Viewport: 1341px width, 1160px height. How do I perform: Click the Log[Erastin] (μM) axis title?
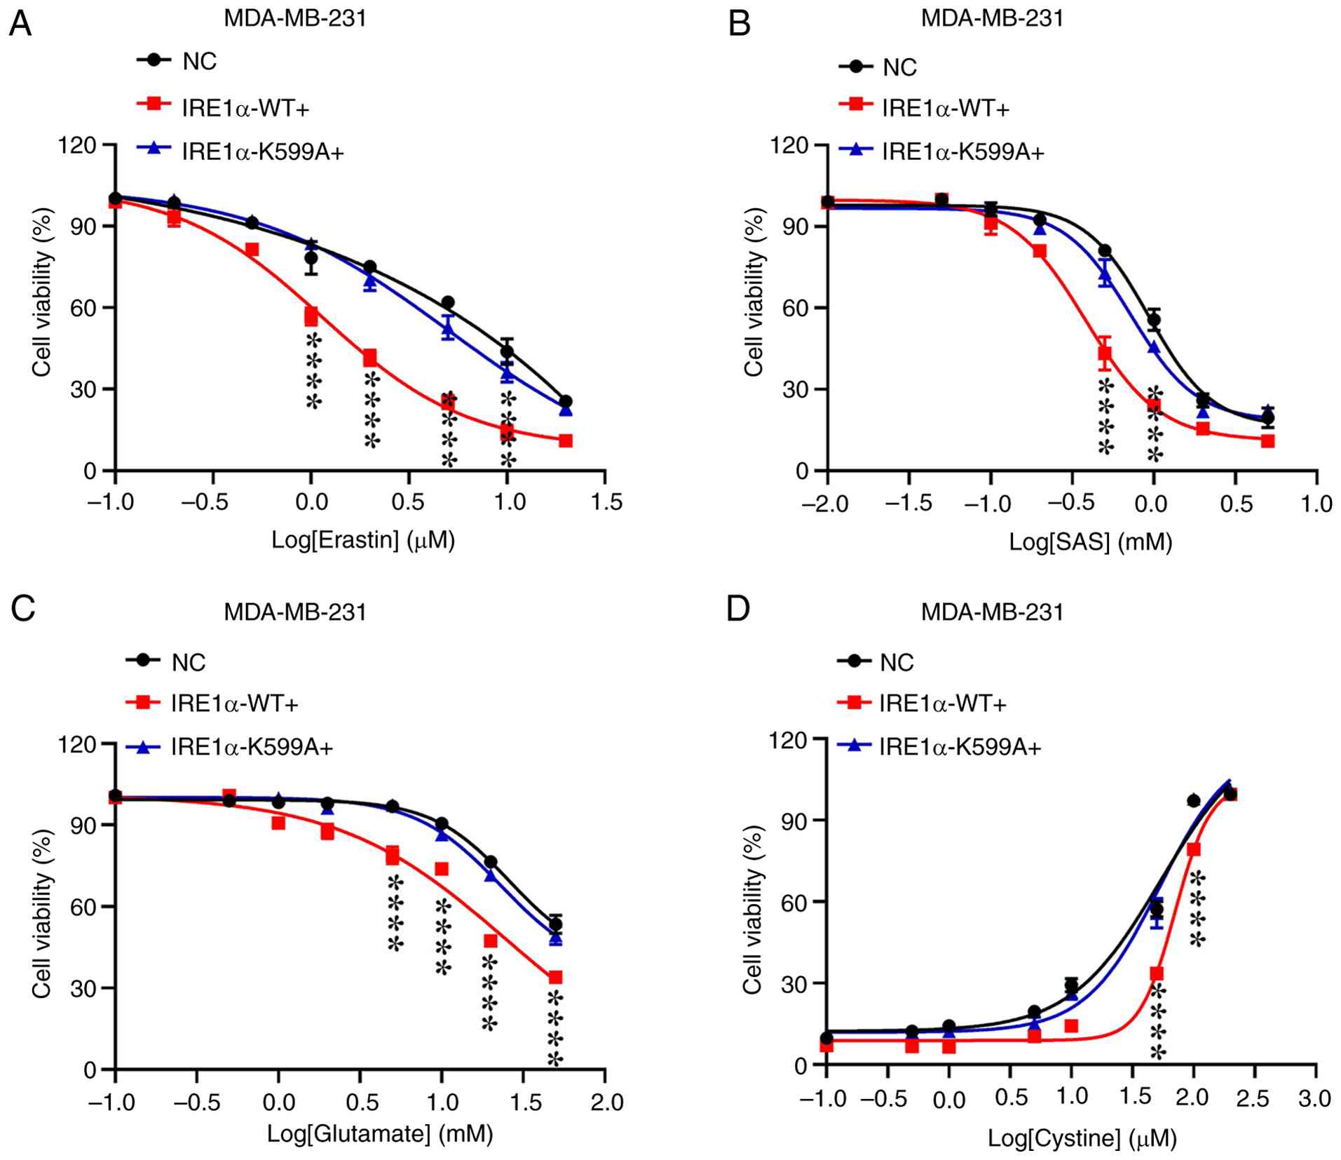[x=363, y=540]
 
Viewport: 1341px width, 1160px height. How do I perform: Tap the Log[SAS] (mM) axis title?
[x=1090, y=541]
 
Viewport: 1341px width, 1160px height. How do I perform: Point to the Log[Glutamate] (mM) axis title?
[x=379, y=1133]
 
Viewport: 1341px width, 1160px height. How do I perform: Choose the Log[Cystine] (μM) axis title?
[x=1082, y=1138]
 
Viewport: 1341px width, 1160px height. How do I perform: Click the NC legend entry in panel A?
[x=199, y=62]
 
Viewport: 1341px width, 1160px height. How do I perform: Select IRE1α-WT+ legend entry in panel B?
[x=945, y=108]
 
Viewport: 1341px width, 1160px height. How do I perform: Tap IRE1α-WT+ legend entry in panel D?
[x=943, y=703]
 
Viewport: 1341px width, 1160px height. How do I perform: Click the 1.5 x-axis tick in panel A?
[x=605, y=502]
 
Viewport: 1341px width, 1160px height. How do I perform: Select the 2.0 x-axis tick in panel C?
[x=606, y=1102]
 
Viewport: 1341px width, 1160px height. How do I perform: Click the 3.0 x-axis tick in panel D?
[x=1314, y=1098]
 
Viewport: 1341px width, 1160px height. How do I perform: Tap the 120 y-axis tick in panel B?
[x=789, y=146]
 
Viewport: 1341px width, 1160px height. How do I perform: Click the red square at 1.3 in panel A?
[x=566, y=440]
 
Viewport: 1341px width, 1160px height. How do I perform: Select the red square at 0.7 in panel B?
[x=1267, y=441]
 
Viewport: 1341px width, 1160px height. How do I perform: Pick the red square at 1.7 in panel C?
[x=555, y=977]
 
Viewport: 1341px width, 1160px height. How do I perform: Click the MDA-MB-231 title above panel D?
[x=992, y=612]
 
